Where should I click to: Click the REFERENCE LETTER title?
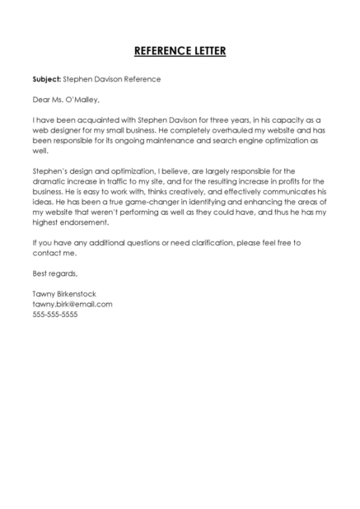click(180, 51)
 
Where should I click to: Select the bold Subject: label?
click(47, 80)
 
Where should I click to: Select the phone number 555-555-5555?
click(55, 314)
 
